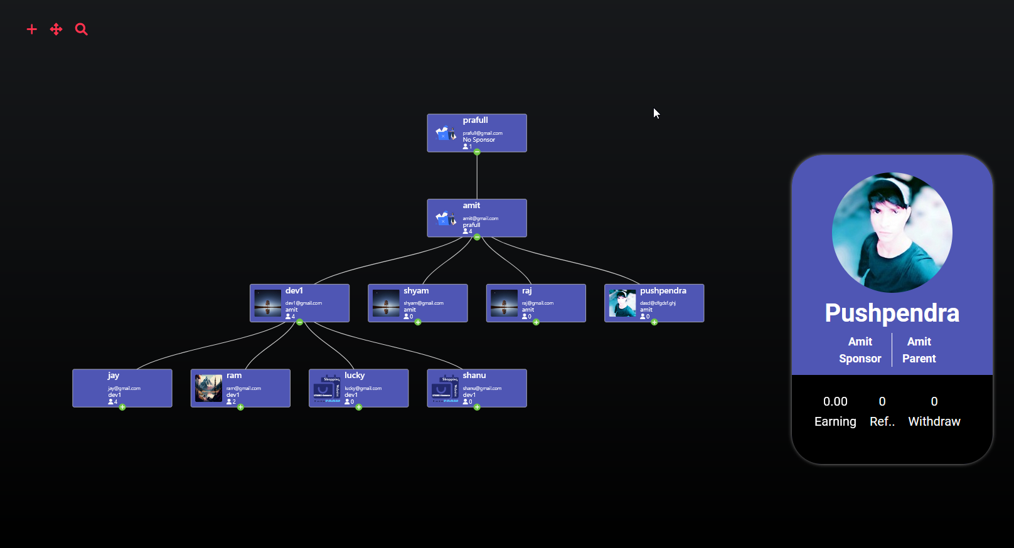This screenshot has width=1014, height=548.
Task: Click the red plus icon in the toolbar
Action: tap(32, 29)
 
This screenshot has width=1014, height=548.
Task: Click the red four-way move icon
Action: tap(56, 29)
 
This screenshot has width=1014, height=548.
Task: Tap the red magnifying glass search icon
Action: tap(82, 29)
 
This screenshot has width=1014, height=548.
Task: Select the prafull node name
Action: tap(475, 120)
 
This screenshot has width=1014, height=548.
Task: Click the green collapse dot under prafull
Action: tap(477, 152)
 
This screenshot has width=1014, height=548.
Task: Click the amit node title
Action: tap(471, 206)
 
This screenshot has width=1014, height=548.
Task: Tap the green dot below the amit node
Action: tap(477, 237)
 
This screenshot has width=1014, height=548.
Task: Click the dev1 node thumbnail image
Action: tap(267, 303)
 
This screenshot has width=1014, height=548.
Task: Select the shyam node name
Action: tap(416, 291)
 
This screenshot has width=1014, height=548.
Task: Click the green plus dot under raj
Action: tap(536, 322)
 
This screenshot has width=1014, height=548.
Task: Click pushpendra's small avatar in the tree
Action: tap(622, 303)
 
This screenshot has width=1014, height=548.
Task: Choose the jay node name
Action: tap(114, 376)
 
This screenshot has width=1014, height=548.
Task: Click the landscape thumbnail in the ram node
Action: tap(208, 388)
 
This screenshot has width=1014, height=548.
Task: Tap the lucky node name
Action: tap(355, 376)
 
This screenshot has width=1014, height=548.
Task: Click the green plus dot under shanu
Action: tap(477, 408)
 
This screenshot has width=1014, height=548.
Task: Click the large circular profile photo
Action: tap(892, 233)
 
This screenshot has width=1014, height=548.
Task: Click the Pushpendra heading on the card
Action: tap(892, 313)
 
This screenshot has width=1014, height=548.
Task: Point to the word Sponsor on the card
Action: tap(860, 359)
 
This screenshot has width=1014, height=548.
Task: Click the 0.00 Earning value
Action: tap(835, 401)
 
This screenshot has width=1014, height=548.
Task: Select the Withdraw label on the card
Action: tap(934, 421)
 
